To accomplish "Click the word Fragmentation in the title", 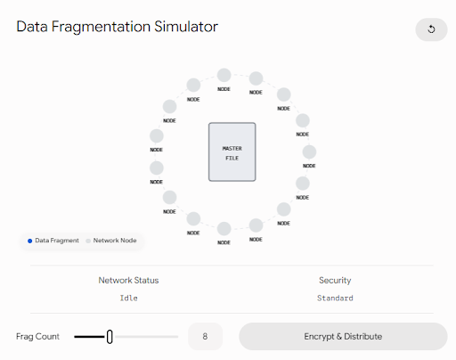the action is tap(101, 27).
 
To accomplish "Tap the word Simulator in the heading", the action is tap(186, 27).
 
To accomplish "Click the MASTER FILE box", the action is tap(232, 151).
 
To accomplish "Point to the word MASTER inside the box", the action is tap(232, 148).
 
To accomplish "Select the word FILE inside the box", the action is tap(232, 158).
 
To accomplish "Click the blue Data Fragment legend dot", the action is tap(29, 241).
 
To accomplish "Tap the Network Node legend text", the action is tap(115, 241).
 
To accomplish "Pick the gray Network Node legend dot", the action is tap(88, 241).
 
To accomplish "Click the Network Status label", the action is tap(128, 280).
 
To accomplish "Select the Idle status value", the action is tap(128, 298).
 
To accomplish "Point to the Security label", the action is tap(335, 280).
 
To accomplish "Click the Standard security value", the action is tap(335, 298).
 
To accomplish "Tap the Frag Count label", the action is tap(37, 337).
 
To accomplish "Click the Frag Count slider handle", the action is tap(110, 337).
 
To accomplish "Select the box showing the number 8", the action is tap(205, 337).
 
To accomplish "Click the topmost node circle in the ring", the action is tap(224, 75).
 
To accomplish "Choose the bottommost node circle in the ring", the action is tap(224, 229).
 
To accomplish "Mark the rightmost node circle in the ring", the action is tap(309, 152).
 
